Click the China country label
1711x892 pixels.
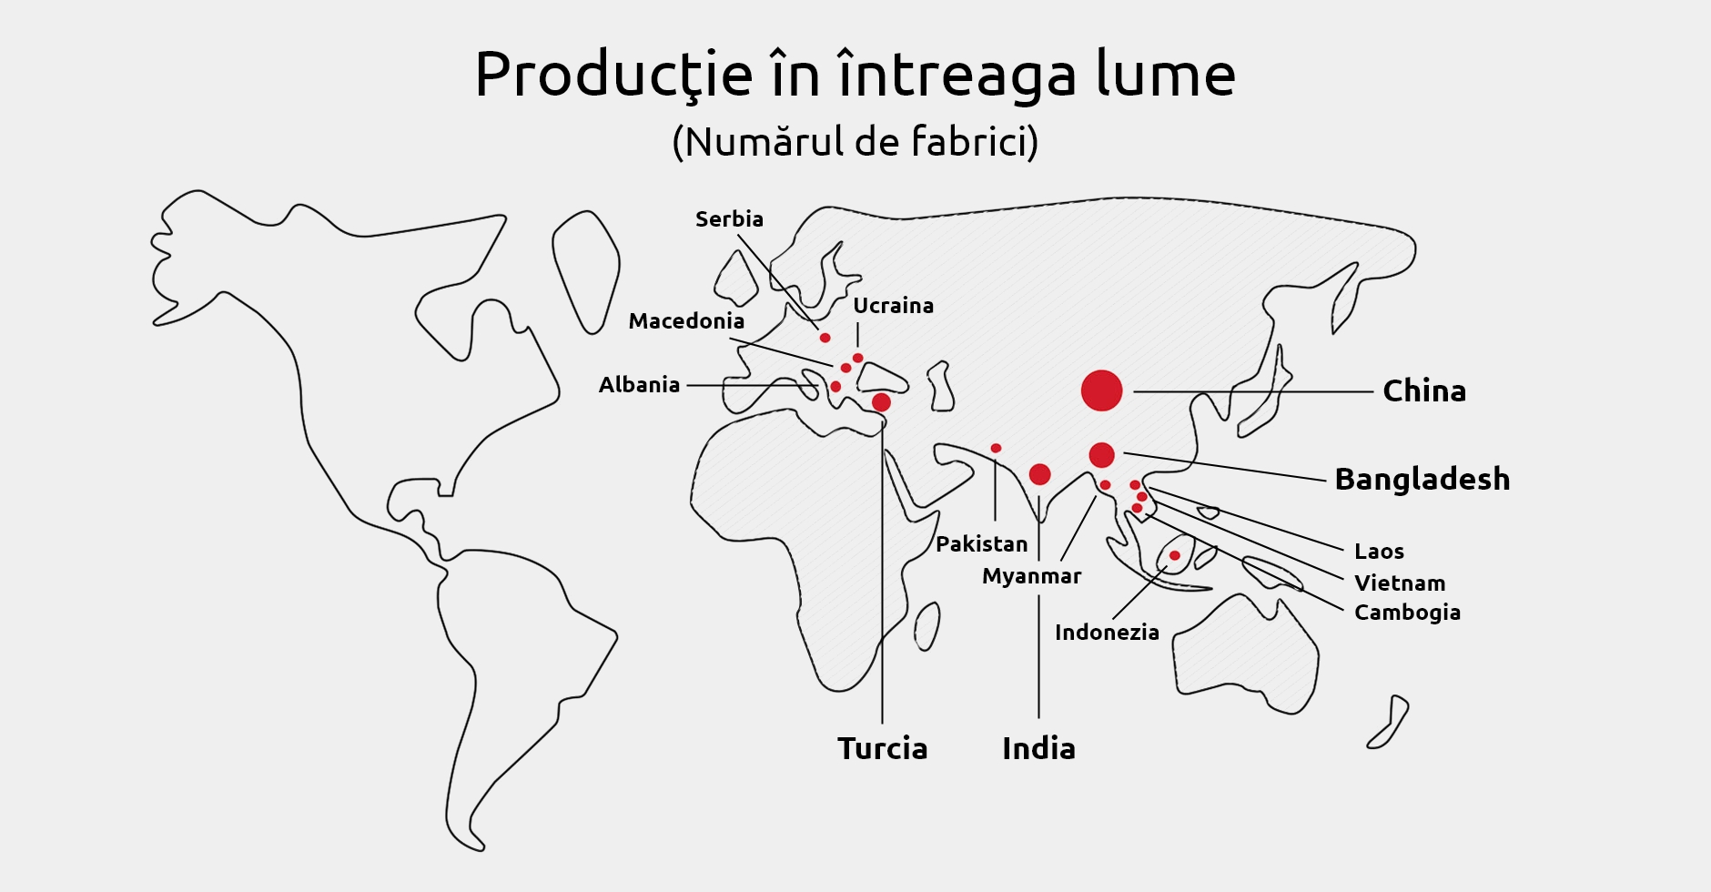[x=1424, y=391]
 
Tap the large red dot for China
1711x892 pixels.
[x=1101, y=390]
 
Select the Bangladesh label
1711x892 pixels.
[x=1422, y=479]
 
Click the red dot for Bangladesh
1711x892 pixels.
[x=1101, y=455]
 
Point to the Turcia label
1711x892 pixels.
[x=882, y=748]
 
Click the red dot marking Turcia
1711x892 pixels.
[x=881, y=402]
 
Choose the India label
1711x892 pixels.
[x=1038, y=748]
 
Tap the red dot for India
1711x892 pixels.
[x=1039, y=474]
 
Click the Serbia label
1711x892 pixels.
[x=729, y=219]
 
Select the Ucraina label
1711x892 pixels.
[x=893, y=306]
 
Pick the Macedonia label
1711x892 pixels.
[x=686, y=321]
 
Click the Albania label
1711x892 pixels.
[x=639, y=385]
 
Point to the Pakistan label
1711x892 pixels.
[x=981, y=544]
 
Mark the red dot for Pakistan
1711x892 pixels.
[x=996, y=448]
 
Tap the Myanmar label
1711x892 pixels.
[x=1031, y=576]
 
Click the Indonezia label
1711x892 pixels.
[x=1107, y=633]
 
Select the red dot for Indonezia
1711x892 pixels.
[x=1174, y=555]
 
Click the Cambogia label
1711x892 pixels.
[x=1407, y=613]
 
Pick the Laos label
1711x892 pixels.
[x=1379, y=552]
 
